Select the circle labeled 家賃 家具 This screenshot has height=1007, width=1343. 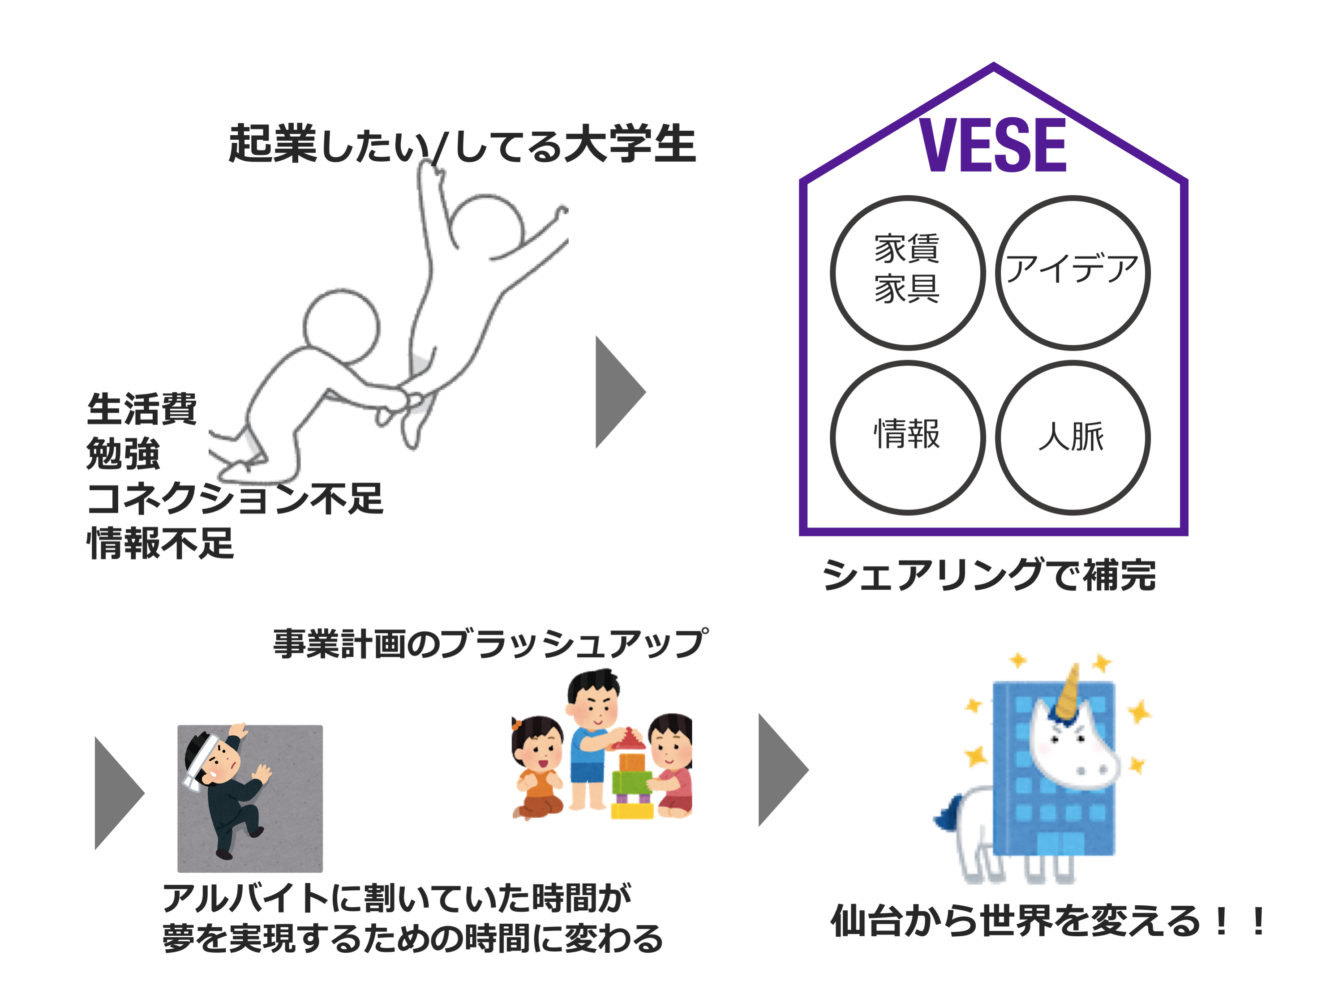tap(907, 273)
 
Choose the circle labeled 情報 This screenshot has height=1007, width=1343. tap(907, 437)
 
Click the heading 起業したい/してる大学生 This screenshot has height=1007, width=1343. tap(461, 144)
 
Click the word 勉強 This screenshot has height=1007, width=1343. tap(123, 454)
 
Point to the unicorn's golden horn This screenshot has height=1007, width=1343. tap(1068, 692)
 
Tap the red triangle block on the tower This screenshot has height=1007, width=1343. tap(629, 739)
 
